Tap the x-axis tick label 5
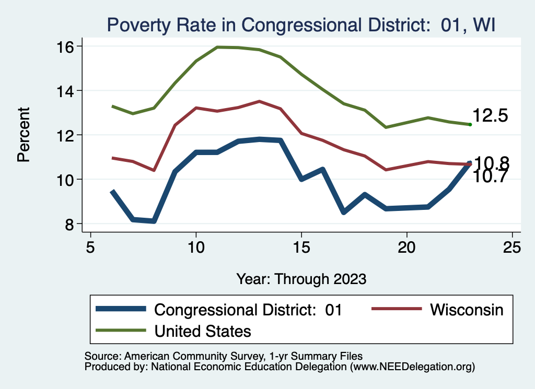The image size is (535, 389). (91, 247)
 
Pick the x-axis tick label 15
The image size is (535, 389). (301, 247)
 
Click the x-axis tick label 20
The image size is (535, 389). (406, 247)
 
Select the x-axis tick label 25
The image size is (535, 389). (512, 247)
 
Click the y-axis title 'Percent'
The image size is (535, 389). (24, 135)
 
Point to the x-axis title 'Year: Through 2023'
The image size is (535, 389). (301, 278)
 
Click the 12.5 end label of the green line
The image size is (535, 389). (490, 116)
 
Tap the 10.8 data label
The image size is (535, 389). (491, 163)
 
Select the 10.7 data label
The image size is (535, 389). (490, 176)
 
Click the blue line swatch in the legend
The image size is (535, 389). (120, 310)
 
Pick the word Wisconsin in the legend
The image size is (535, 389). (467, 310)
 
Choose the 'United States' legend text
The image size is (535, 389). (203, 331)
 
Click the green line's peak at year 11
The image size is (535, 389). (217, 47)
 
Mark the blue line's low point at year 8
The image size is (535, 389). (154, 221)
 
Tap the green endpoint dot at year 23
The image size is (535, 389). (470, 124)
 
